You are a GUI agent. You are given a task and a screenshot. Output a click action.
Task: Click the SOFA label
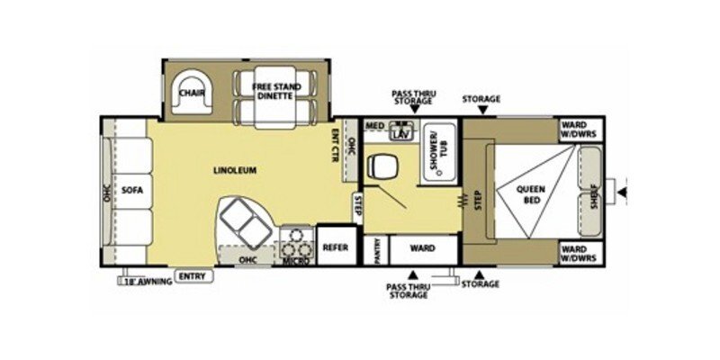point(133,190)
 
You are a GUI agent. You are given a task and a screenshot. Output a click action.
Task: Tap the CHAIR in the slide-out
point(190,93)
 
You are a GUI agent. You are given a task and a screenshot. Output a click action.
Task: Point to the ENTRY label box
point(192,276)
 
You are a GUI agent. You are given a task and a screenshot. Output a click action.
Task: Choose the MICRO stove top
point(296,245)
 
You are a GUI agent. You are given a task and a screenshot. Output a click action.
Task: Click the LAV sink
point(401,134)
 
